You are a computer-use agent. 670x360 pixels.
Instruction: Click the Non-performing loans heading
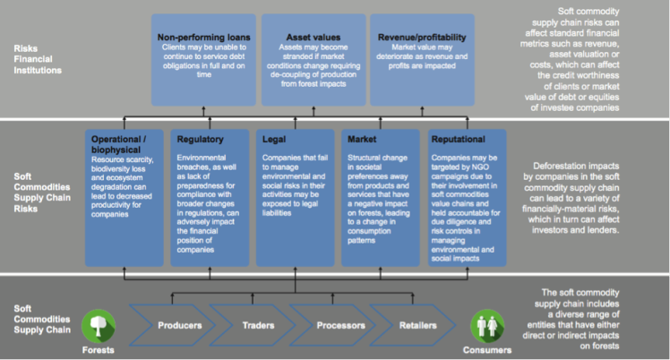click(x=204, y=38)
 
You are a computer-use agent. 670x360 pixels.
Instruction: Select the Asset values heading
click(x=314, y=38)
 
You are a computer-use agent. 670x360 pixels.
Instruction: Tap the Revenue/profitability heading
click(x=422, y=38)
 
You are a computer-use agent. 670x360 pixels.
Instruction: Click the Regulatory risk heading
click(x=200, y=139)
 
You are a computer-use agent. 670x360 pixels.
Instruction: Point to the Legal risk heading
click(x=274, y=139)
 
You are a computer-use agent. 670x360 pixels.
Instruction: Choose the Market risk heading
click(x=362, y=139)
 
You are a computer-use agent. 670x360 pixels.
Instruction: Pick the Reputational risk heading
click(x=458, y=139)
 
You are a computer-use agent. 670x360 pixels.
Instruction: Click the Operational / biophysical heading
click(x=119, y=144)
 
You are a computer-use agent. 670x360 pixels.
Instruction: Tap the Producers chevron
click(x=172, y=325)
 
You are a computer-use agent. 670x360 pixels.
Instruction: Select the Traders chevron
click(x=253, y=325)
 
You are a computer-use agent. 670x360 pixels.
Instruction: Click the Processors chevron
click(x=333, y=325)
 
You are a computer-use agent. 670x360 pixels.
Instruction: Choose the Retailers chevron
click(x=413, y=325)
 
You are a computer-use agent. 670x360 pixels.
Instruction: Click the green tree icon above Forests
click(x=99, y=326)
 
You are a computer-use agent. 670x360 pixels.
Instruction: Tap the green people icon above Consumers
click(x=487, y=326)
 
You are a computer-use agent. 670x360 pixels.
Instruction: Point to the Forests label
click(x=99, y=350)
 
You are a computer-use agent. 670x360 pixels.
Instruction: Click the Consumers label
click(x=487, y=350)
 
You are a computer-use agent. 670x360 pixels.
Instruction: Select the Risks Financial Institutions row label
click(x=38, y=59)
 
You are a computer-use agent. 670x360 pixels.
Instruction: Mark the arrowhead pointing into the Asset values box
click(x=314, y=108)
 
